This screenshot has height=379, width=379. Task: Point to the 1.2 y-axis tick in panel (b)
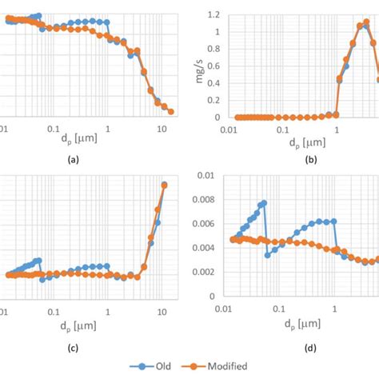pyautogui.click(x=212, y=14)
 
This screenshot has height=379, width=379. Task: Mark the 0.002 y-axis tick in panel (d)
pyautogui.click(x=206, y=272)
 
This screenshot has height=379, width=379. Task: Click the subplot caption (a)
pyautogui.click(x=74, y=160)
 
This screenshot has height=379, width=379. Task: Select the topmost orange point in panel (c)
pyautogui.click(x=164, y=185)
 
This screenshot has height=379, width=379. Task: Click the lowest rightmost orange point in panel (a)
pyautogui.click(x=170, y=112)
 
